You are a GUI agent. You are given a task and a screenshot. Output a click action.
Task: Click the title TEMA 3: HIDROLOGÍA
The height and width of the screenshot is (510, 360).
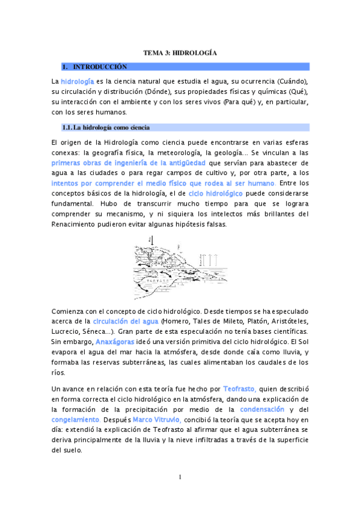pos(180,53)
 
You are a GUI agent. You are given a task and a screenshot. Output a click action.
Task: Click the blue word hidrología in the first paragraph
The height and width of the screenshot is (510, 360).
pos(77,81)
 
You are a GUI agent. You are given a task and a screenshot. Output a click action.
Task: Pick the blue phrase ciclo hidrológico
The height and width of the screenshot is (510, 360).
pos(215,194)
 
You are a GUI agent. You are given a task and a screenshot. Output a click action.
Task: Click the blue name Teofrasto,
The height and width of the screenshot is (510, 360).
pos(240,389)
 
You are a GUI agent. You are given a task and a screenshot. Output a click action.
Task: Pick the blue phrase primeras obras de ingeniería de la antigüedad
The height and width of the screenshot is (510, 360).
pos(129,163)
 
